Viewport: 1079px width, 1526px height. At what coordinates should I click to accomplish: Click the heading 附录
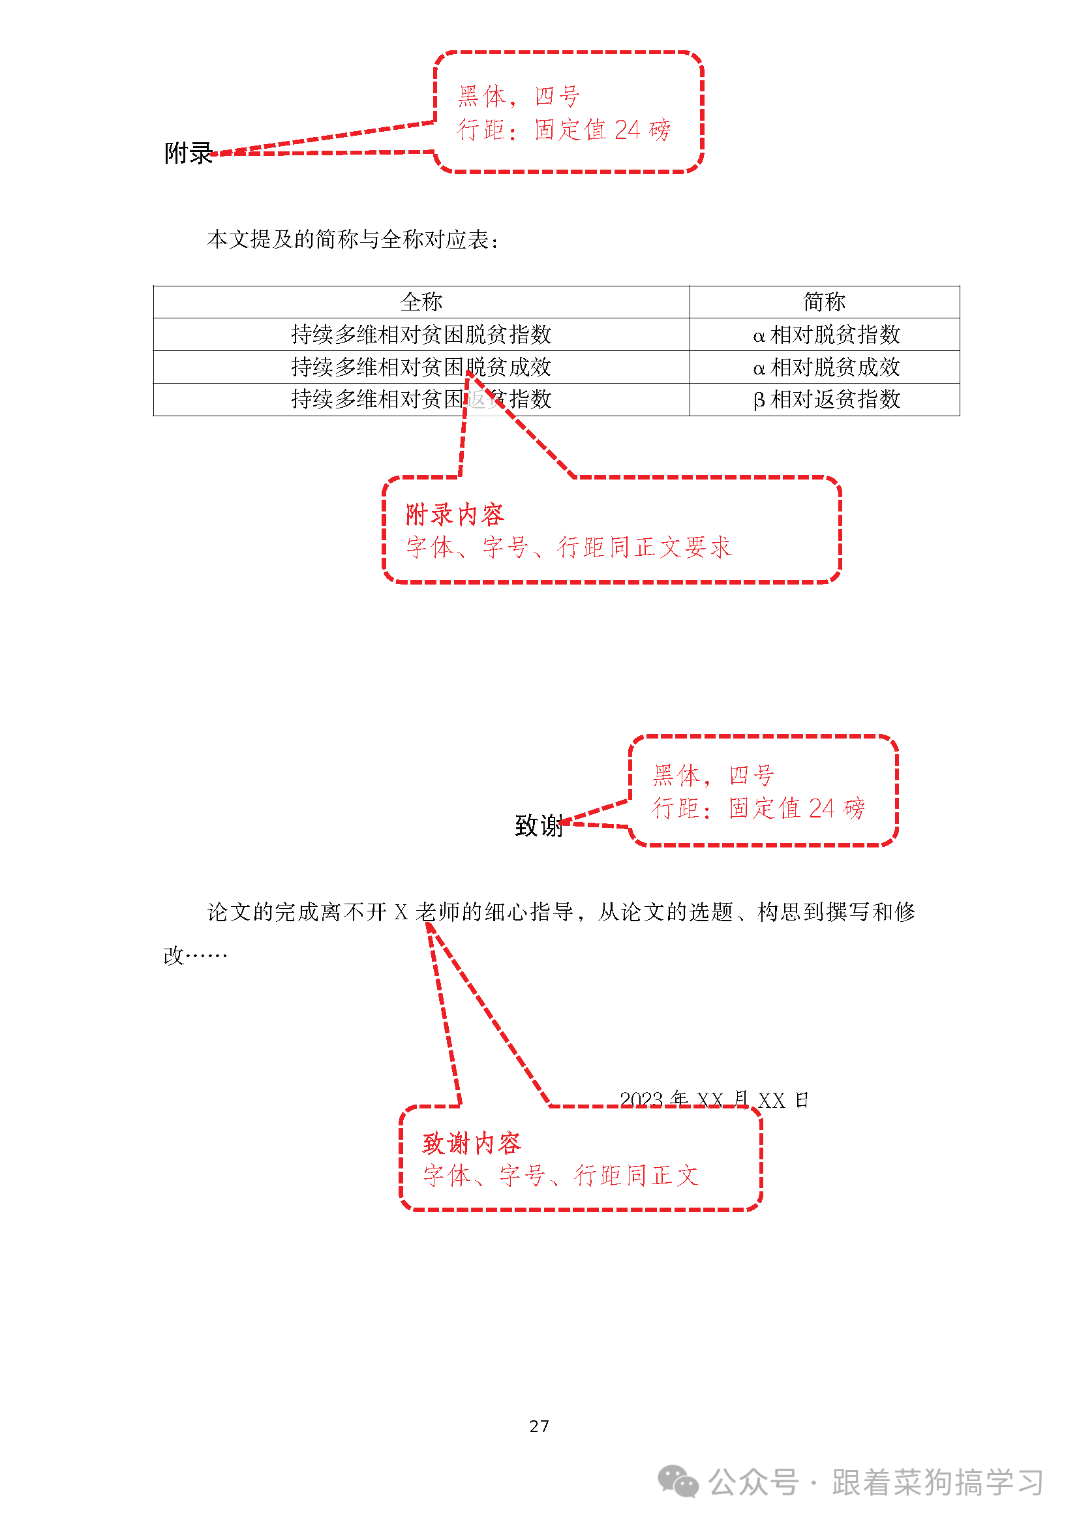point(188,153)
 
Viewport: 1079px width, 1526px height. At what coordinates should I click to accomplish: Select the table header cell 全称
point(421,303)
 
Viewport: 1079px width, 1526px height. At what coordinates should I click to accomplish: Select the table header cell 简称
point(824,303)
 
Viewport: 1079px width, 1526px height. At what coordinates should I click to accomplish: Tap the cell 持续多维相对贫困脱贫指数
point(421,334)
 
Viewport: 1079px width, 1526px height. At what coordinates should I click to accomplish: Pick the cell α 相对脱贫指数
point(826,335)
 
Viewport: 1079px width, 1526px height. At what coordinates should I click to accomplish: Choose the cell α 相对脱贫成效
point(826,367)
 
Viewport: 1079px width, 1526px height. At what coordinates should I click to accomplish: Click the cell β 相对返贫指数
point(826,399)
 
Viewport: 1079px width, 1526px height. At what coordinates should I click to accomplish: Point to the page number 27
point(539,1426)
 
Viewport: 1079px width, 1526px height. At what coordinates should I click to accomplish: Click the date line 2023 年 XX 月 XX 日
point(714,1100)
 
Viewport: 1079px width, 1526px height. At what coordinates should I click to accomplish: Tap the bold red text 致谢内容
point(472,1143)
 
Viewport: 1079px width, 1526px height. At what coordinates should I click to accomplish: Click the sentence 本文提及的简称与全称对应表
point(352,239)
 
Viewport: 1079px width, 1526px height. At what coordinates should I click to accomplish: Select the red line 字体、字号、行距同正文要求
point(569,547)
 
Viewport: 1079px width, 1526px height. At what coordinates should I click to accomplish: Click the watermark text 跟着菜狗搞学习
point(937,1483)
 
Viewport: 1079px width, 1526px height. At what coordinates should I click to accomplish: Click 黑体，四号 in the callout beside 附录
point(519,97)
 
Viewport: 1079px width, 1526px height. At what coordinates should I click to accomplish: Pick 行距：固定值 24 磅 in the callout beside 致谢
point(758,808)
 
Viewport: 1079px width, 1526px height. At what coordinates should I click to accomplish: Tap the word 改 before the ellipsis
point(174,956)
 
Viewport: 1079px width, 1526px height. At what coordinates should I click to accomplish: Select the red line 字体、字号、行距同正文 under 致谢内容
point(561,1176)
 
